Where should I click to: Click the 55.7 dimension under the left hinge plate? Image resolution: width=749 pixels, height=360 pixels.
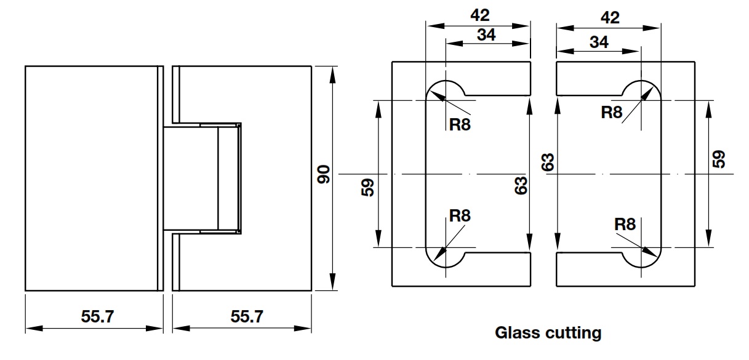click(x=97, y=317)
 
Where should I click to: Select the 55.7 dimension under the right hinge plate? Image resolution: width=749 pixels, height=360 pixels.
click(x=247, y=317)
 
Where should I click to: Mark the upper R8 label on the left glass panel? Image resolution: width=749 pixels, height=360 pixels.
click(x=460, y=125)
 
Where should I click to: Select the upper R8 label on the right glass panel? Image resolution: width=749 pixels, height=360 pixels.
click(x=612, y=111)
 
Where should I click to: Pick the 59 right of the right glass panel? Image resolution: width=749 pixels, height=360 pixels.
click(x=718, y=159)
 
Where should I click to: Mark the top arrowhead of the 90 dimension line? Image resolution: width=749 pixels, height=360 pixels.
click(x=333, y=71)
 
